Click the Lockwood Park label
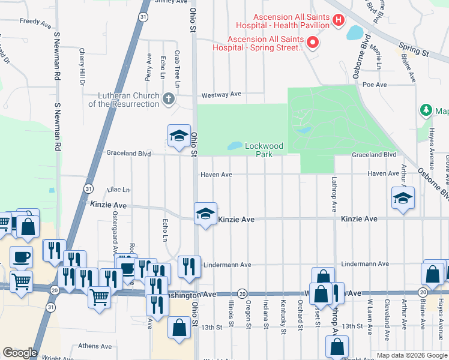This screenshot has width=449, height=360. [264, 150]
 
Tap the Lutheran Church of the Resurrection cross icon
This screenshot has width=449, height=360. [169, 98]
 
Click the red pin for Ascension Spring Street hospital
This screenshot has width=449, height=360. [312, 42]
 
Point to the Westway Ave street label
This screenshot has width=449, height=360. [221, 94]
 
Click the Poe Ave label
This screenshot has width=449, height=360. [375, 85]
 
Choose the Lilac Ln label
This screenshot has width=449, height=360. [118, 190]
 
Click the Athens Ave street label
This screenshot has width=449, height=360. [95, 346]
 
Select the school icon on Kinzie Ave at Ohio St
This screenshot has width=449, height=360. [205, 214]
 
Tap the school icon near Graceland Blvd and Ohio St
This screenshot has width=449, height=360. [178, 136]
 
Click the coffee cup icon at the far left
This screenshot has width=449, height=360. [22, 256]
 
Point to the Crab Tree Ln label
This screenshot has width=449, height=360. [178, 64]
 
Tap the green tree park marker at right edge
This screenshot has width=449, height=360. [426, 110]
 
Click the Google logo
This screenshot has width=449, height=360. [20, 352]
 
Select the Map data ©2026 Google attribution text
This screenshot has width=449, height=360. [411, 355]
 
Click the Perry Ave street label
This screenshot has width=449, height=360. [148, 66]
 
